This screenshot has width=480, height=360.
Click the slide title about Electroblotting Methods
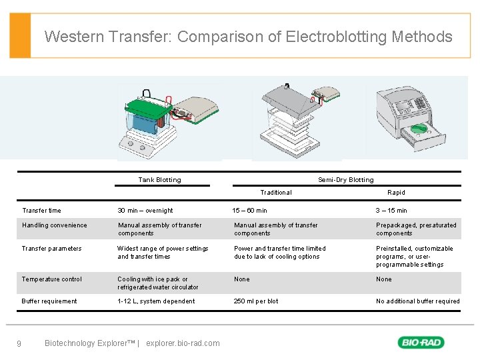coord(248,37)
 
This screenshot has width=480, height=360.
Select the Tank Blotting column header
coord(159,179)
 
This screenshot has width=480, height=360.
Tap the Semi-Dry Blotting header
coord(345,179)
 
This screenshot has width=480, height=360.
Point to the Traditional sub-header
coord(275,193)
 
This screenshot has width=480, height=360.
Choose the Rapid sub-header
coord(396,193)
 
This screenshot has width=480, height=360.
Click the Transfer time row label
coord(41,211)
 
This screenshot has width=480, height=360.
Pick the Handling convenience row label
coord(54,225)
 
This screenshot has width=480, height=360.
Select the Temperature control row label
coord(52,279)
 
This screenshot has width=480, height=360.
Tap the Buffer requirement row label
coord(49,301)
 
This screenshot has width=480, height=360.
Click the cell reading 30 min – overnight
coord(145,211)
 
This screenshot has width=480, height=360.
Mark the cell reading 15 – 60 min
coord(249,211)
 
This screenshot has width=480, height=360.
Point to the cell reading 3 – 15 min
coord(391,211)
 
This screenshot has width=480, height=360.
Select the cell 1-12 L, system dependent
coord(156,301)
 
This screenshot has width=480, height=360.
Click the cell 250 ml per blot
coord(256,301)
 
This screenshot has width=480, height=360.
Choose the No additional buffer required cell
coord(418,301)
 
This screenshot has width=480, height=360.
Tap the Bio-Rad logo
coord(421,343)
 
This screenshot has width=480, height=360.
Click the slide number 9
coord(19,344)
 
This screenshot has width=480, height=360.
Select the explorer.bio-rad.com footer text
coord(182,343)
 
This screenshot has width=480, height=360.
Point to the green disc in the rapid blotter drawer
coord(419,128)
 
